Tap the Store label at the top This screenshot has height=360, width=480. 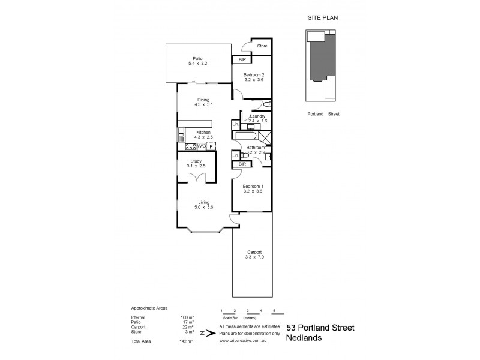click(262, 46)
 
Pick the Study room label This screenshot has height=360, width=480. click(196, 161)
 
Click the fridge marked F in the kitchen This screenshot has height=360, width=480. click(211, 146)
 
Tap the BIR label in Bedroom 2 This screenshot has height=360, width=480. click(242, 60)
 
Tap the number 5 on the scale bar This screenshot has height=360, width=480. click(274, 310)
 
